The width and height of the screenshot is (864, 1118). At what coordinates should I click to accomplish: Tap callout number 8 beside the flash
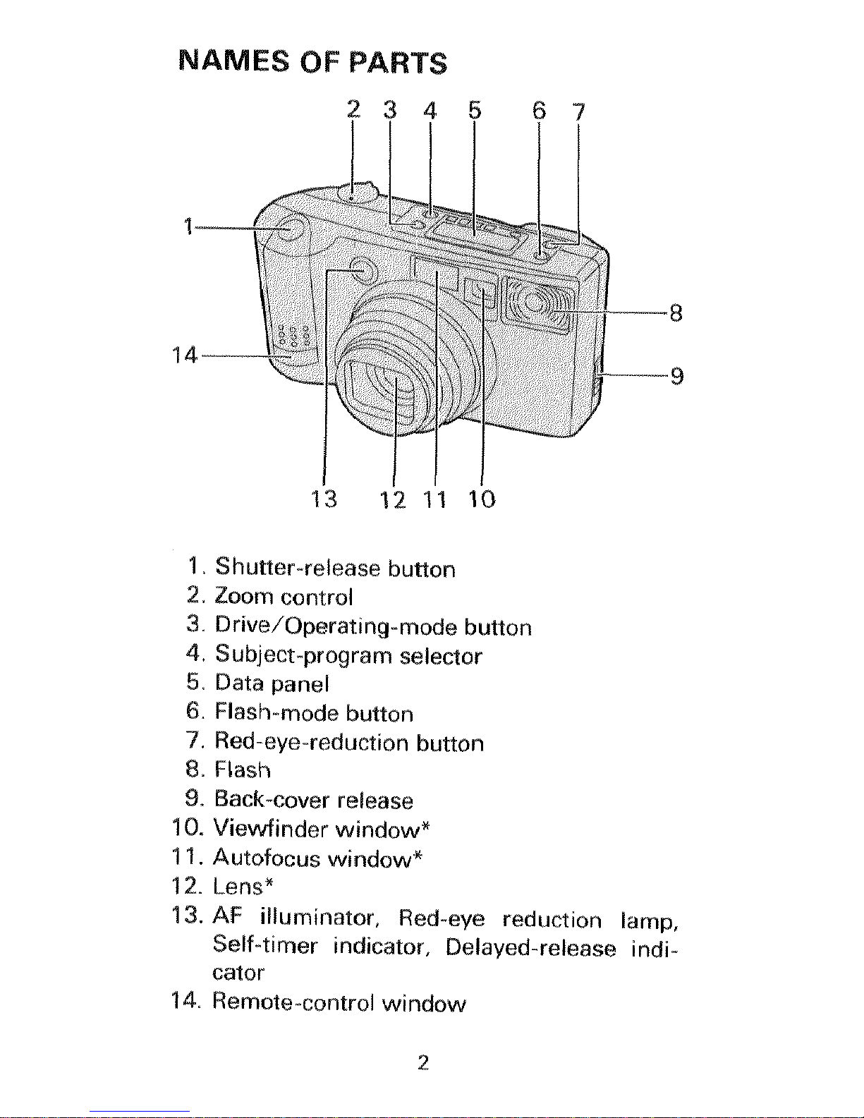click(676, 312)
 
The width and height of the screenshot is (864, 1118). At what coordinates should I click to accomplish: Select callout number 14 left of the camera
click(184, 355)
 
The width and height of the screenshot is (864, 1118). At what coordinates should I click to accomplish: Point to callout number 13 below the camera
click(324, 499)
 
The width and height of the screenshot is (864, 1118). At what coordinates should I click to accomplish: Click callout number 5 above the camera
click(474, 111)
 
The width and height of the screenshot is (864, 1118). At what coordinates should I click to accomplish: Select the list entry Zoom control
click(283, 597)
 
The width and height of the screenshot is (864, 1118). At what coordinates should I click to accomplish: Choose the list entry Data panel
click(272, 684)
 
